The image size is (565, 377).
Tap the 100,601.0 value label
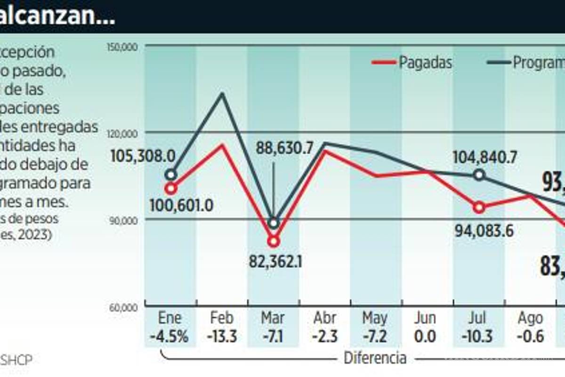point(182,205)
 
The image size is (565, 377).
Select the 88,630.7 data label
point(284,148)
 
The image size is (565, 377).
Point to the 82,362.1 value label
point(276,261)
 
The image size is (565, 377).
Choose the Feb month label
point(222,318)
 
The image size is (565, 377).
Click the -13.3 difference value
point(222,337)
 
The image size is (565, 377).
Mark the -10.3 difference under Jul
point(477,337)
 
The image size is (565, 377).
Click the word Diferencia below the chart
point(375,358)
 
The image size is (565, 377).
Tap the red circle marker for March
point(274,241)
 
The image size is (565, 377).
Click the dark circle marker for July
point(479,175)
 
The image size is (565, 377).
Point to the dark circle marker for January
point(171,175)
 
